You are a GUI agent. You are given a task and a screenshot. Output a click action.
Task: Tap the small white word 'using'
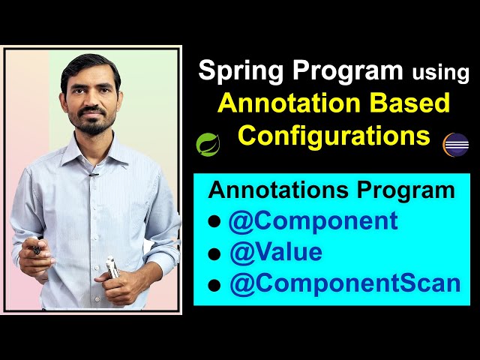pyautogui.click(x=440, y=73)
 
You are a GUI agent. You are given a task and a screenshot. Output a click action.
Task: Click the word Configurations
pyautogui.click(x=334, y=136)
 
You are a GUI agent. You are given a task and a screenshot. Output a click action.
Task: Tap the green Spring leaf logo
pyautogui.click(x=207, y=142)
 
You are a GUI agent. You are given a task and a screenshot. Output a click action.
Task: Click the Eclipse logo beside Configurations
pyautogui.click(x=455, y=143)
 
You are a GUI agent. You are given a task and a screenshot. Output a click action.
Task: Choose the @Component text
pyautogui.click(x=313, y=221)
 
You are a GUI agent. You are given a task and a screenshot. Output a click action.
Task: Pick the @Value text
pyautogui.click(x=275, y=253)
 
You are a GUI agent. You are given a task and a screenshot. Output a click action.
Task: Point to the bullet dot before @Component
pyautogui.click(x=214, y=223)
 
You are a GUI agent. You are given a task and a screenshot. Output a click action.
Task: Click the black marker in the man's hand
pyautogui.click(x=36, y=250)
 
